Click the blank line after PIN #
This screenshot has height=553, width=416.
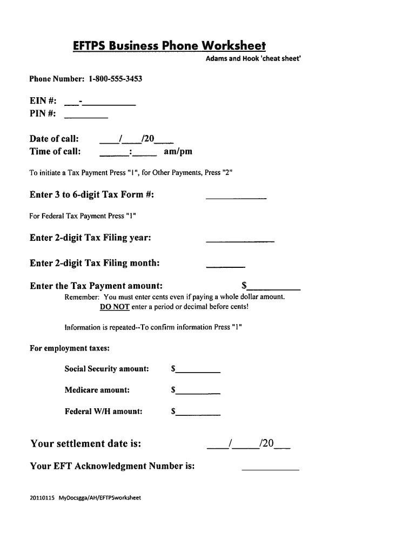[86, 116]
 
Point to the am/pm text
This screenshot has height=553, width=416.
[178, 151]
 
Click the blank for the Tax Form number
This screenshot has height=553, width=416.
[236, 198]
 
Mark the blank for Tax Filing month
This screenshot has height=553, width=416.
[226, 265]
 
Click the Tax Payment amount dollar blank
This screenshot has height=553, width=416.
[274, 288]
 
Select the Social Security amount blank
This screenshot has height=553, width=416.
[198, 371]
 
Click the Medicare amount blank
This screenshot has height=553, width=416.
[198, 392]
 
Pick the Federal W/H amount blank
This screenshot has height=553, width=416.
[198, 413]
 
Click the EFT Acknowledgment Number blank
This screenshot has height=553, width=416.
[270, 469]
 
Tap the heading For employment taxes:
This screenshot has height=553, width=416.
[70, 348]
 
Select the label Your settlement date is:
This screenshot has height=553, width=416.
[86, 444]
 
